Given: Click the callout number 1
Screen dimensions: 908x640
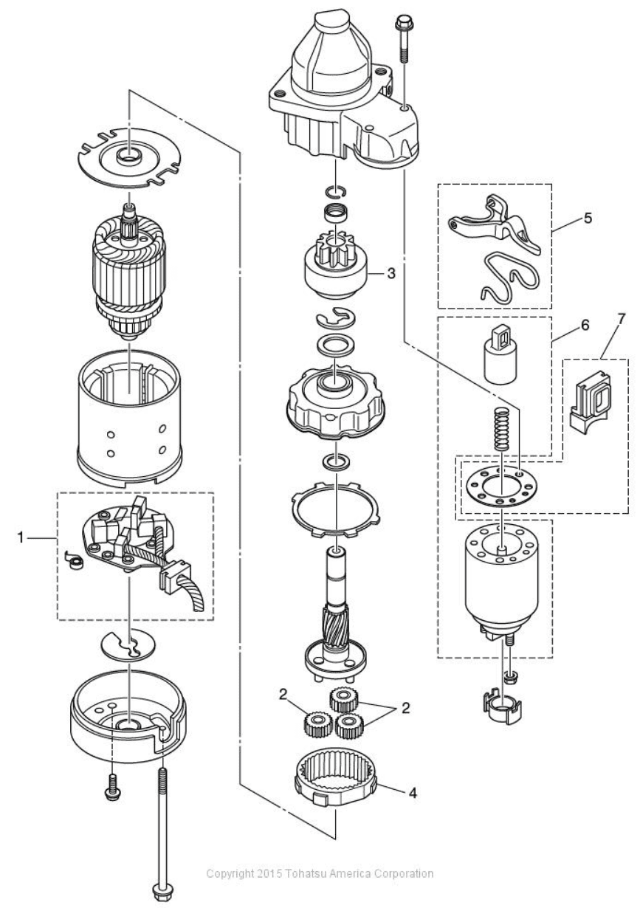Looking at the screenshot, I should click(x=21, y=539).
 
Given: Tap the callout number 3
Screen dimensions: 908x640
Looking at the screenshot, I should click(x=390, y=273).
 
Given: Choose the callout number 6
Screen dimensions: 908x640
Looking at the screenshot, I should click(x=585, y=324).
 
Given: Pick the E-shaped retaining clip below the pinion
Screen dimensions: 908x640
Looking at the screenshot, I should click(x=337, y=320).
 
